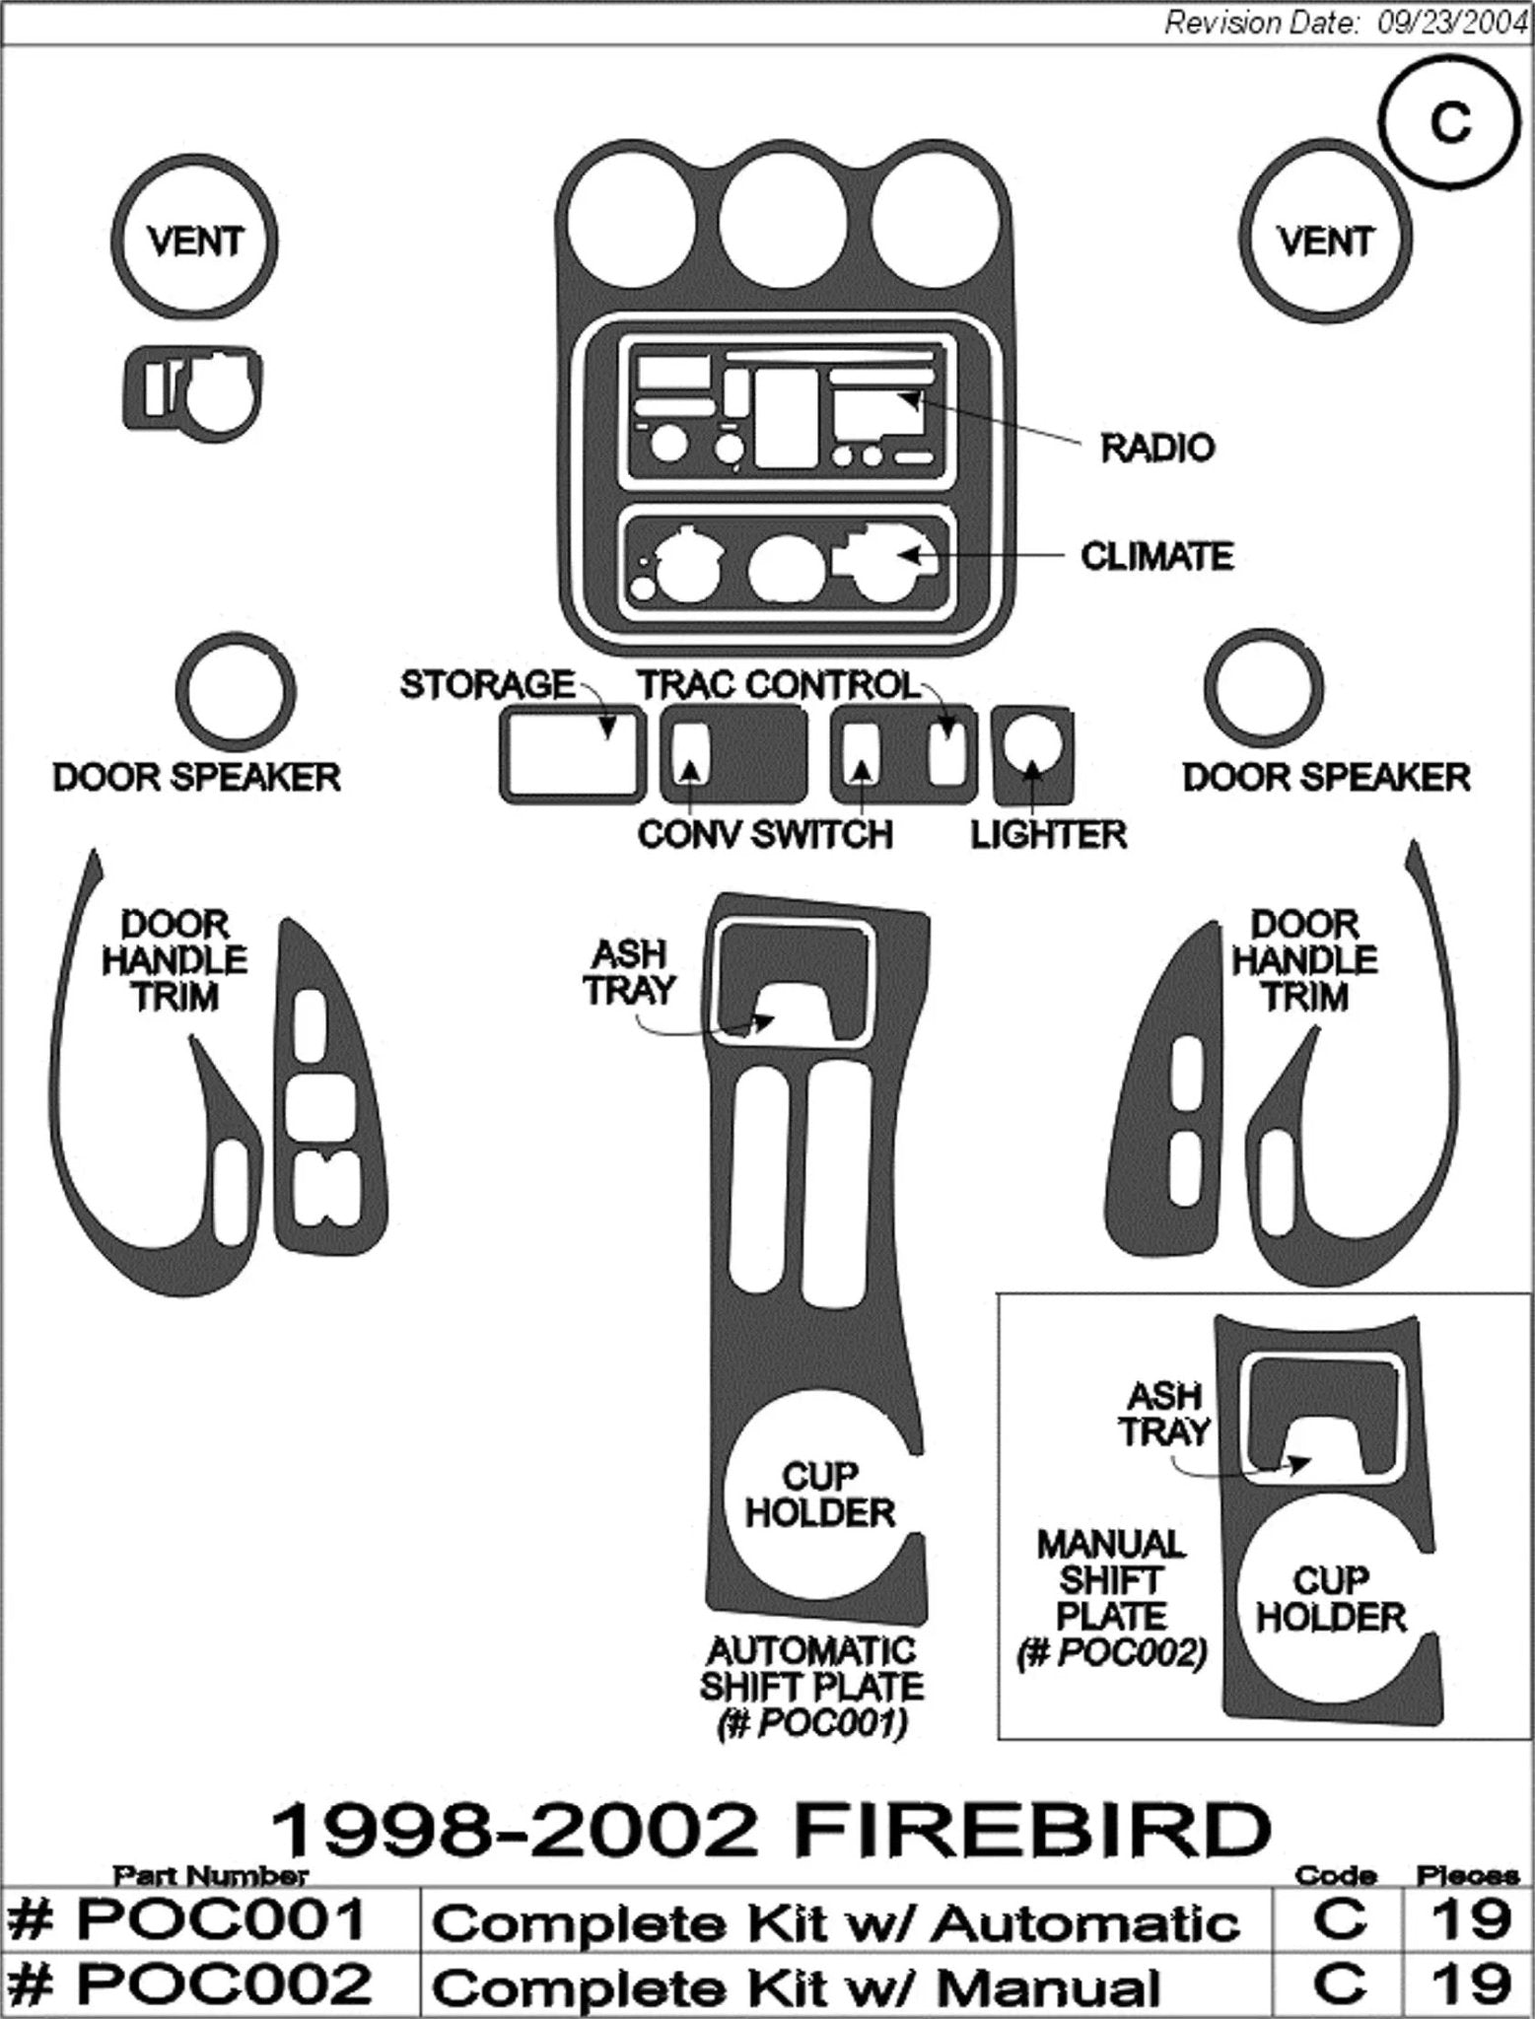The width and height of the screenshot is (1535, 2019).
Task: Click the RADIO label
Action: [x=1156, y=449]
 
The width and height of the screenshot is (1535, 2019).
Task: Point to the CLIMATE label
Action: [x=1156, y=557]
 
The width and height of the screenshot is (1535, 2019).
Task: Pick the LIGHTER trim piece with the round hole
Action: [x=1032, y=753]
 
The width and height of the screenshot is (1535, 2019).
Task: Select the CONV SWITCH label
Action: [x=764, y=835]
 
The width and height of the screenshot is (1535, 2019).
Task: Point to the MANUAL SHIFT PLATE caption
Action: [x=1110, y=1599]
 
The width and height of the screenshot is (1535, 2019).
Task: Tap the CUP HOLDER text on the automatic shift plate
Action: [x=818, y=1494]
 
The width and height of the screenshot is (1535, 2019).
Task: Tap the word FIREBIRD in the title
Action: [x=1030, y=1830]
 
